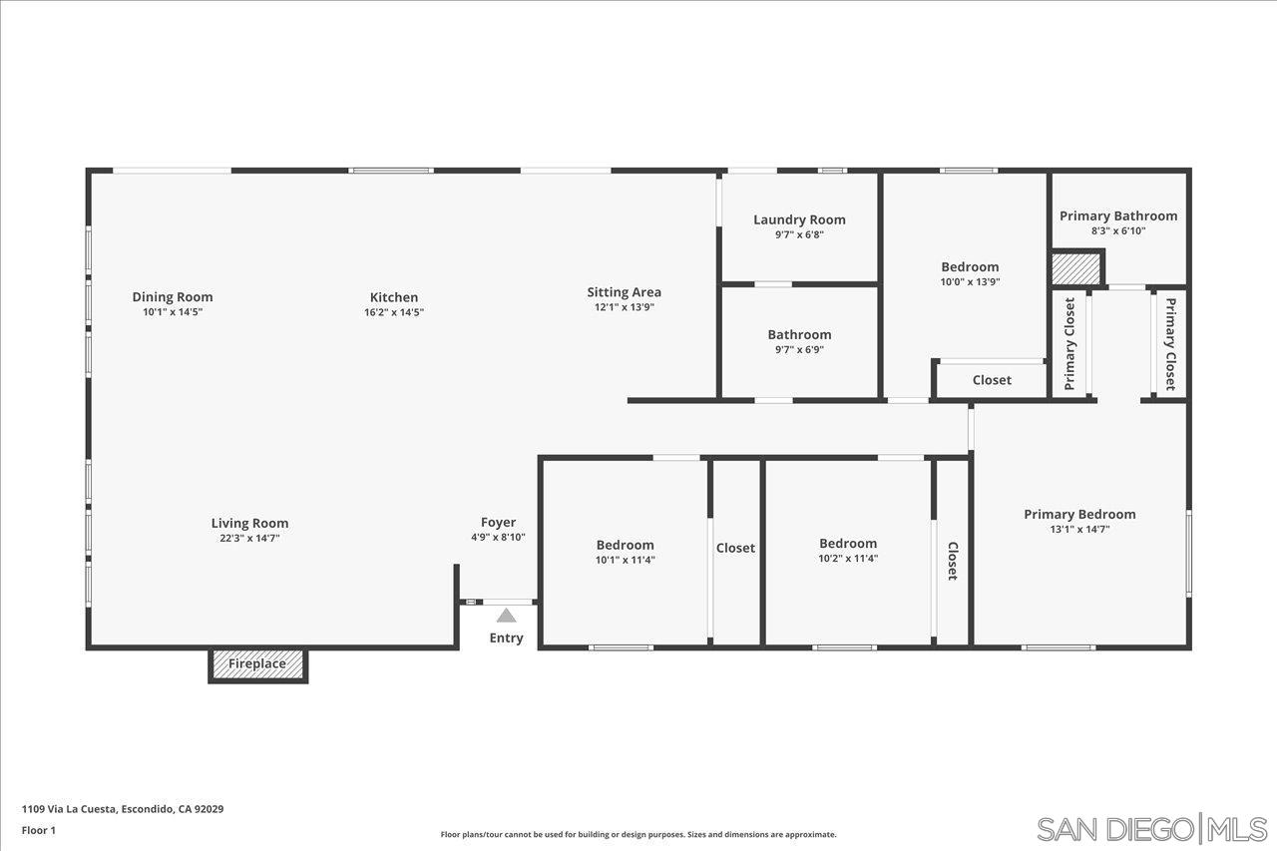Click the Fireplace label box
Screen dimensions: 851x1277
(x=257, y=664)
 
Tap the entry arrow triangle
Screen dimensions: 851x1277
(x=507, y=616)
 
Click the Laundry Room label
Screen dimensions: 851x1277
(x=799, y=219)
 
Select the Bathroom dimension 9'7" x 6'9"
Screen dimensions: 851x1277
(x=799, y=350)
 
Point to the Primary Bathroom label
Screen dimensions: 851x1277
(x=1117, y=215)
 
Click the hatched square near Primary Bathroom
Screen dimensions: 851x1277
(x=1075, y=269)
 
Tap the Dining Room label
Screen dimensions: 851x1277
(x=173, y=296)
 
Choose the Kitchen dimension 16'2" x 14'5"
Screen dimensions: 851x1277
(x=394, y=312)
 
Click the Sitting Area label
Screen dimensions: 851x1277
(x=624, y=292)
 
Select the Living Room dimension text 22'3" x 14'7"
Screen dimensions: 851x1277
(x=249, y=539)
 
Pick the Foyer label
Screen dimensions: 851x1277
(x=498, y=522)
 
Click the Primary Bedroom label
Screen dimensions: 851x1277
(x=1079, y=514)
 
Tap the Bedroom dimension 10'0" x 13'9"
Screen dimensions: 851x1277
(x=970, y=282)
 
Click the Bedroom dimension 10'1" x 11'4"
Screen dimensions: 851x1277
(x=625, y=560)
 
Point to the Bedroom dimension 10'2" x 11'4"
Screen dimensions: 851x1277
(x=848, y=559)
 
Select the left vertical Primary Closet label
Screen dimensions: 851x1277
(x=1069, y=343)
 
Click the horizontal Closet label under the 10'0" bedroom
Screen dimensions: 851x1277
(x=992, y=380)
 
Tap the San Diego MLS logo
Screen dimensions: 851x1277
(x=1151, y=829)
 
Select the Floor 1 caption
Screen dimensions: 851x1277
(x=39, y=830)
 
